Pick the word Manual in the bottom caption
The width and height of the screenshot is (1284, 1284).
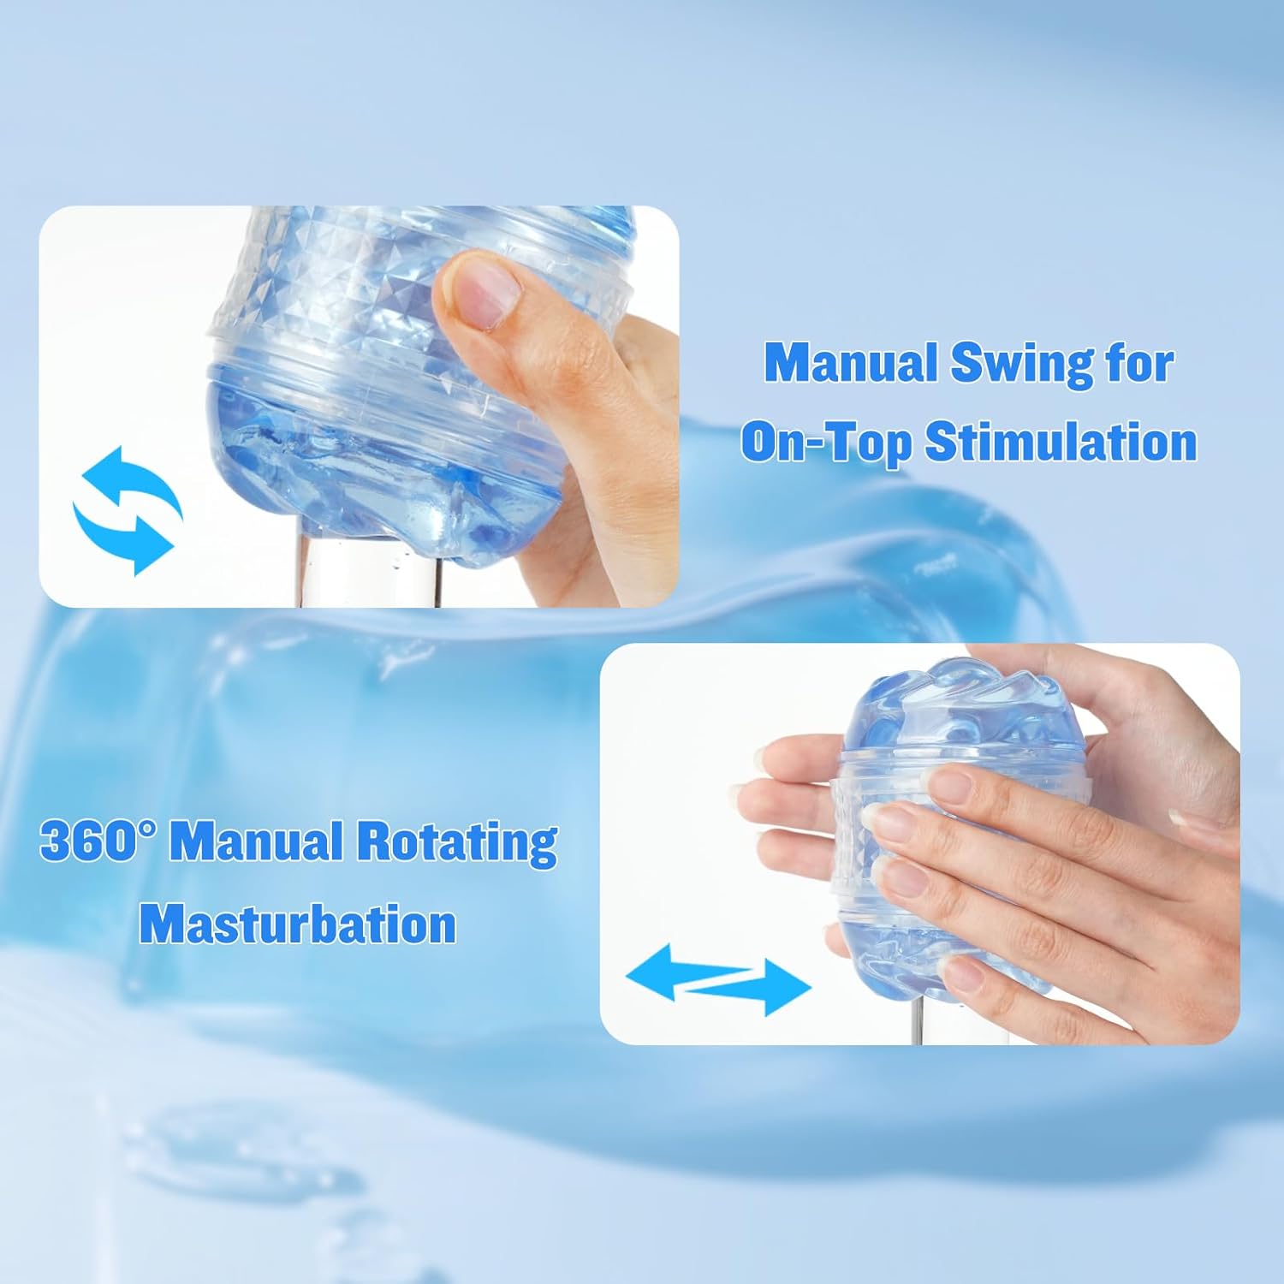[x=259, y=842]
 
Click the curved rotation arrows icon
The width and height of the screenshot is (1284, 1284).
[x=128, y=509]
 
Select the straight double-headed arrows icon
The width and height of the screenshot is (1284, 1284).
[x=718, y=978]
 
